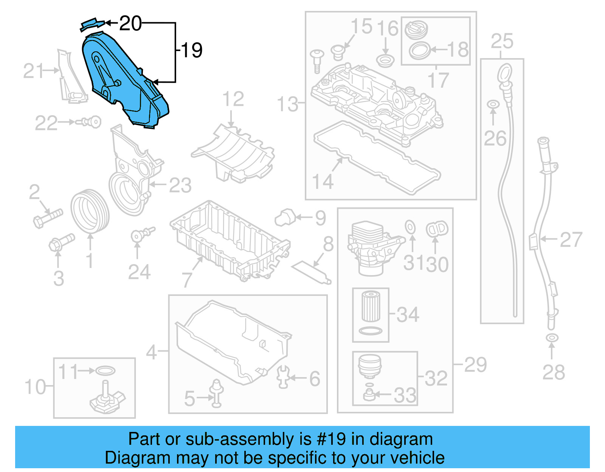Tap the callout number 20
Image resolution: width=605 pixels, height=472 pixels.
pos(130,23)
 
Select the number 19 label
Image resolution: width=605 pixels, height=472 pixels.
pos(192,50)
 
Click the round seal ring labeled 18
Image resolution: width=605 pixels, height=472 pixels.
pos(420,50)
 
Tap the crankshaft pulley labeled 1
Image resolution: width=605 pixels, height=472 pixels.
pos(90,212)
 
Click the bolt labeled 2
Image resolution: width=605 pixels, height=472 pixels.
pos(47,217)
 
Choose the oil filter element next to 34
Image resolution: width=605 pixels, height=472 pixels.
pos(371,306)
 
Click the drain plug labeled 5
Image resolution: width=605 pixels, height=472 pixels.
pos(216,393)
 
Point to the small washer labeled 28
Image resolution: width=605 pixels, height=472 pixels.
pos(552,337)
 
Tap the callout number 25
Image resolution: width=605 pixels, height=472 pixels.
pos(502,41)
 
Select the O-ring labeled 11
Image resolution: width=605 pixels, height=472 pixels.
pos(105,370)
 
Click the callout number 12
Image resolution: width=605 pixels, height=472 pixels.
pos(233,99)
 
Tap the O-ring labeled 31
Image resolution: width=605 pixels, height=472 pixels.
pos(410,227)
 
